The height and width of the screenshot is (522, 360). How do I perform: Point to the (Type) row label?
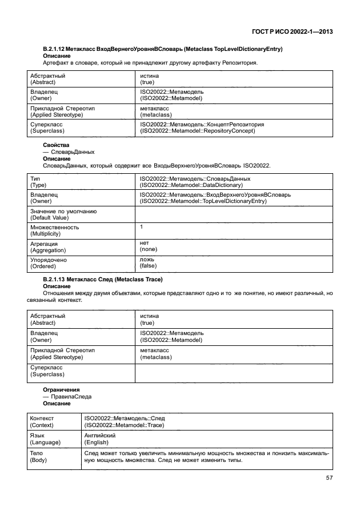(38, 185)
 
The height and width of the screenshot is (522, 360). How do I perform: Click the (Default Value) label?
(50, 217)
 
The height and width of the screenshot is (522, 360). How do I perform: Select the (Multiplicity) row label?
(46, 233)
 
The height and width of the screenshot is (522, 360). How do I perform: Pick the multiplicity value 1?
(141, 227)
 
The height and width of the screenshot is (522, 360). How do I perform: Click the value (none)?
(149, 249)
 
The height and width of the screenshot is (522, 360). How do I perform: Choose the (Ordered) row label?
(43, 266)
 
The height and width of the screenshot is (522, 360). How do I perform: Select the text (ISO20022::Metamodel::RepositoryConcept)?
(197, 130)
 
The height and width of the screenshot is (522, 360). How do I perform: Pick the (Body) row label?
(38, 459)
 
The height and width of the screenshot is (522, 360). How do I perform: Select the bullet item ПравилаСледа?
(71, 396)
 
